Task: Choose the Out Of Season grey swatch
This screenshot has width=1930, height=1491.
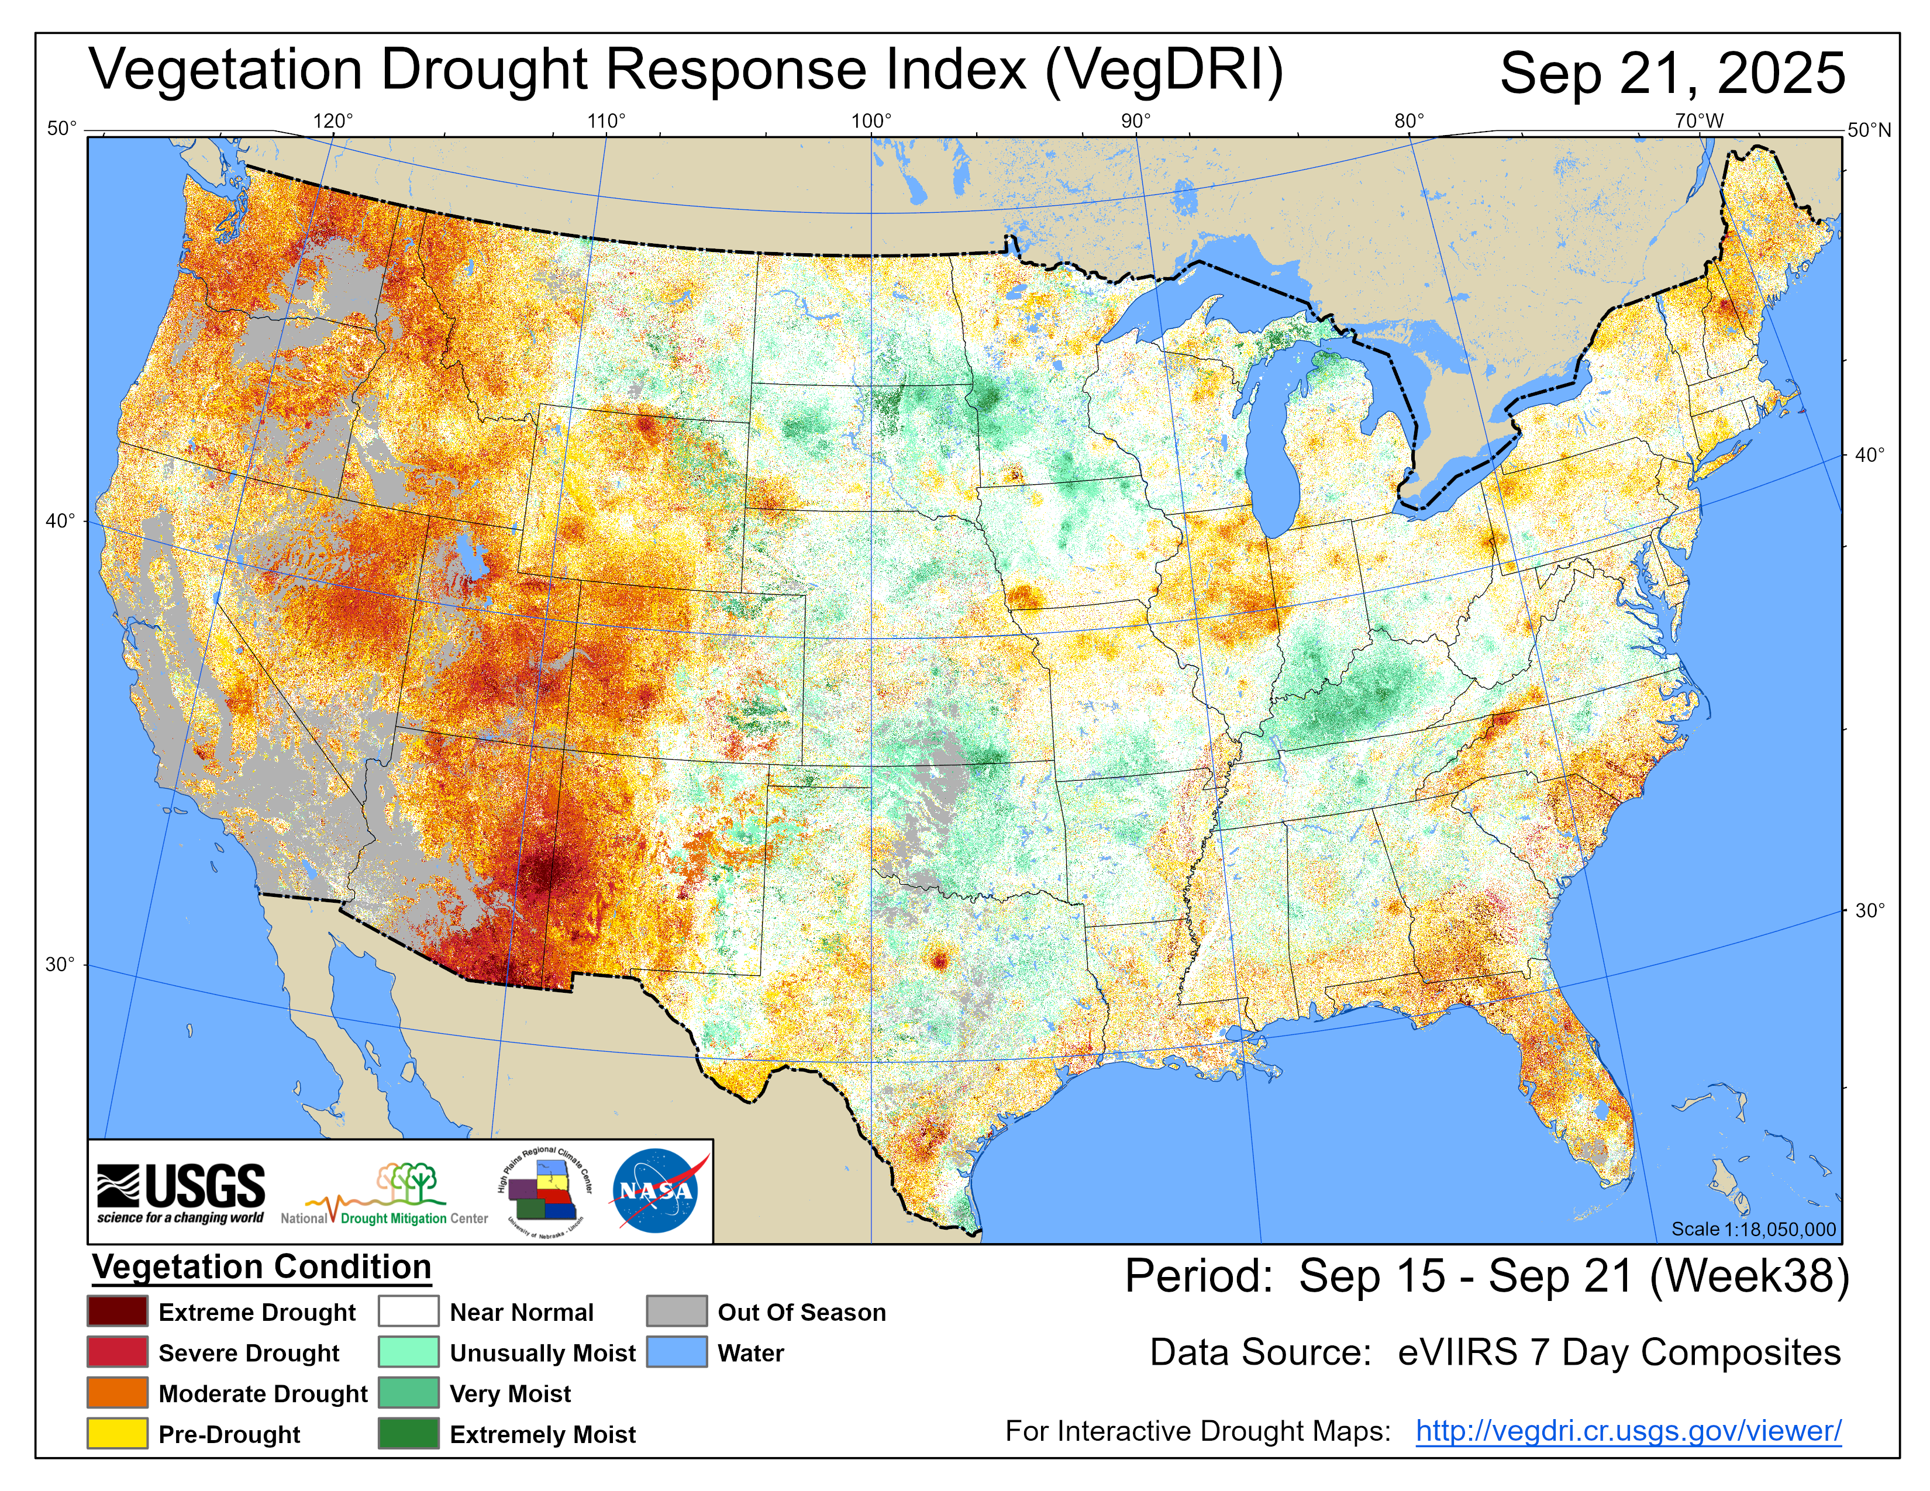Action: click(x=676, y=1311)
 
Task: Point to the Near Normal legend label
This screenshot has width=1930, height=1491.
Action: click(x=521, y=1313)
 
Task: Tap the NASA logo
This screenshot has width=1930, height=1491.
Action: click(x=656, y=1190)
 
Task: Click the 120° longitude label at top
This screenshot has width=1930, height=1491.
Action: click(x=333, y=121)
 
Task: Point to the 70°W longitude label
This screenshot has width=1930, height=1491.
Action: click(x=1698, y=121)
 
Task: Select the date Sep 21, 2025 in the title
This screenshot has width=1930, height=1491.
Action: click(x=1672, y=73)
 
